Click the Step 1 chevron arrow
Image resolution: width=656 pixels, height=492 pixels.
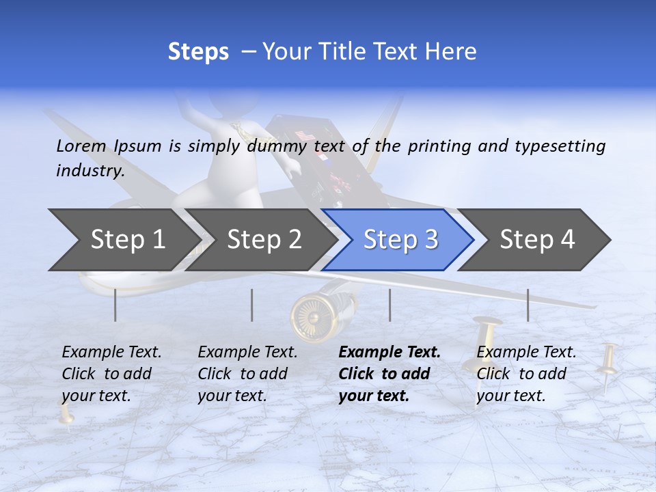pos(123,240)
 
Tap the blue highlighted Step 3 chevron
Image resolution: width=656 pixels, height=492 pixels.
pos(400,240)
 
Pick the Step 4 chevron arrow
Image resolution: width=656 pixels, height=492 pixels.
pos(537,240)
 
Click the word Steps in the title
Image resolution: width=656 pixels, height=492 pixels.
pos(198,52)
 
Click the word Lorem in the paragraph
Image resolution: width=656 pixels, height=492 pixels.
pos(81,146)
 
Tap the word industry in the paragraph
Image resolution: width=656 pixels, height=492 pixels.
pos(90,170)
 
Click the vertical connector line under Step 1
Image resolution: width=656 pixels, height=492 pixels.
pos(115,305)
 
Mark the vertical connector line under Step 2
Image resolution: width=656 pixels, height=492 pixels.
pos(252,305)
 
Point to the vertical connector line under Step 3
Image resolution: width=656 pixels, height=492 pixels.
pos(389,305)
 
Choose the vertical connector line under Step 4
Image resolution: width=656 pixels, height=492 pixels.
pos(528,305)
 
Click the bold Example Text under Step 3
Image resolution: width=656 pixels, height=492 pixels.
pos(389,353)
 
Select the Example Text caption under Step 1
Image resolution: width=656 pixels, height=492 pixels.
pos(111,353)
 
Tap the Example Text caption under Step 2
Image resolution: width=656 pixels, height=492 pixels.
pos(247,353)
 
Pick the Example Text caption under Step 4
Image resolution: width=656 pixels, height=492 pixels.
pos(526,353)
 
